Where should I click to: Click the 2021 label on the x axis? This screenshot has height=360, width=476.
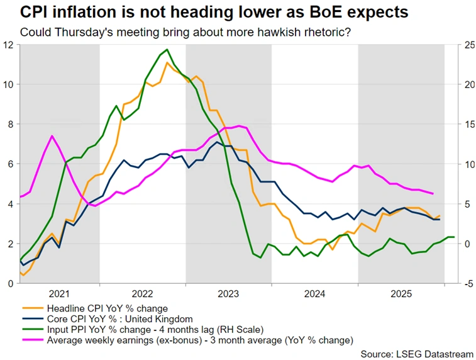click(59, 294)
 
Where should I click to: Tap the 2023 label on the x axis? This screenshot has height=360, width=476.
click(228, 294)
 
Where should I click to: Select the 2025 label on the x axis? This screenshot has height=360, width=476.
click(401, 294)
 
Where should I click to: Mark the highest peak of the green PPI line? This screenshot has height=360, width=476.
click(167, 50)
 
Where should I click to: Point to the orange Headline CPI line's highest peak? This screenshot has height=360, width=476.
click(167, 63)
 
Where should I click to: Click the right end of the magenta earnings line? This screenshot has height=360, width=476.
click(433, 194)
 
